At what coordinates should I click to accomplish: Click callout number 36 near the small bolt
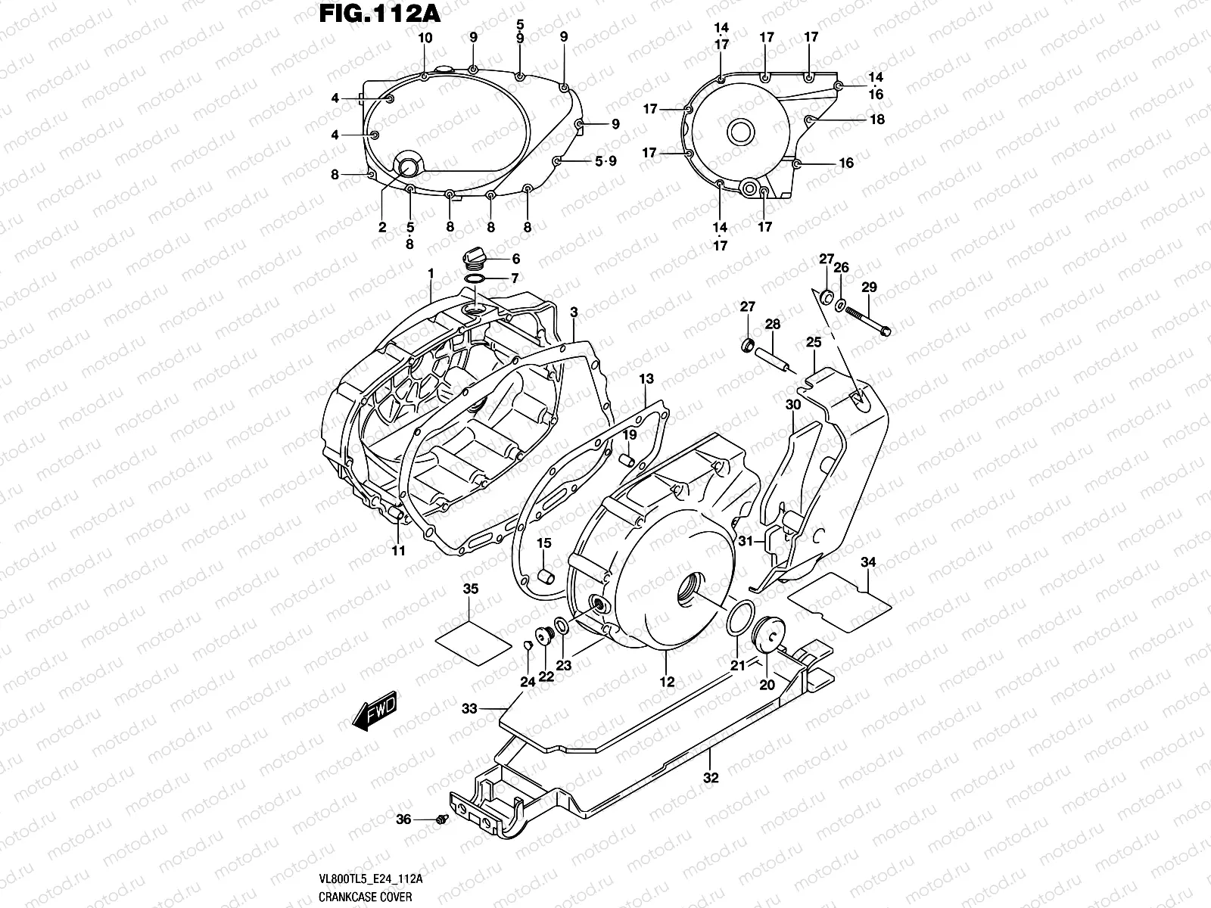pos(403,819)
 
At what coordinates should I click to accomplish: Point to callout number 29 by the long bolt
pos(869,288)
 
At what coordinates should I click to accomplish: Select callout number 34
pos(868,562)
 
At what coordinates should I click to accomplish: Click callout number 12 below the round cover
pos(666,682)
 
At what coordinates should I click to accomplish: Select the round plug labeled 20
pos(765,632)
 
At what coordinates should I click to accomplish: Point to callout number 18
pos(877,120)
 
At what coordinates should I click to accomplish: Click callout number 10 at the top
pos(425,38)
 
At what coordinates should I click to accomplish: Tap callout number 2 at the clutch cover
pos(382,227)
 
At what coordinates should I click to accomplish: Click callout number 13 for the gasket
pos(645,378)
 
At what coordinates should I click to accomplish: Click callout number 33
pos(470,709)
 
